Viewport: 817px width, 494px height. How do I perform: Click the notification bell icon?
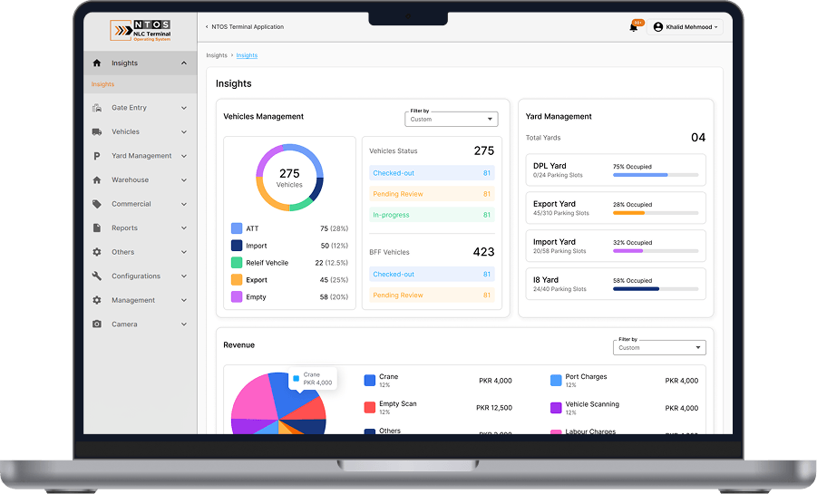634,27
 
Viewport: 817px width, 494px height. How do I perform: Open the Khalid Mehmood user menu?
686,27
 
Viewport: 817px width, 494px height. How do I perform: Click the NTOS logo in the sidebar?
141,31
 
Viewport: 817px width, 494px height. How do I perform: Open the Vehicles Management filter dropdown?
452,119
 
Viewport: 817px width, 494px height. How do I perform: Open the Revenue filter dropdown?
659,347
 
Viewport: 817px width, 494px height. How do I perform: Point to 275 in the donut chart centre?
289,173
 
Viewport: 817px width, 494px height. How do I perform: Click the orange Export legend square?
237,280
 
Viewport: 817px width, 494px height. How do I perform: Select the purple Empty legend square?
237,296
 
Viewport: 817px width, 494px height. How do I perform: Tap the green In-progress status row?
432,215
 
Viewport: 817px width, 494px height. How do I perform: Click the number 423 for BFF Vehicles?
483,252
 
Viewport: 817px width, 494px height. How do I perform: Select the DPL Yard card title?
550,166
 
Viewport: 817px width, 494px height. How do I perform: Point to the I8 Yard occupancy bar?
656,289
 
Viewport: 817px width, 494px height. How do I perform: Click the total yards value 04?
697,138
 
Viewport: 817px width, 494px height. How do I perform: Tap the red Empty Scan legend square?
370,407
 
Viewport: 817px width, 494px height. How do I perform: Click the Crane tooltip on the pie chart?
313,378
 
